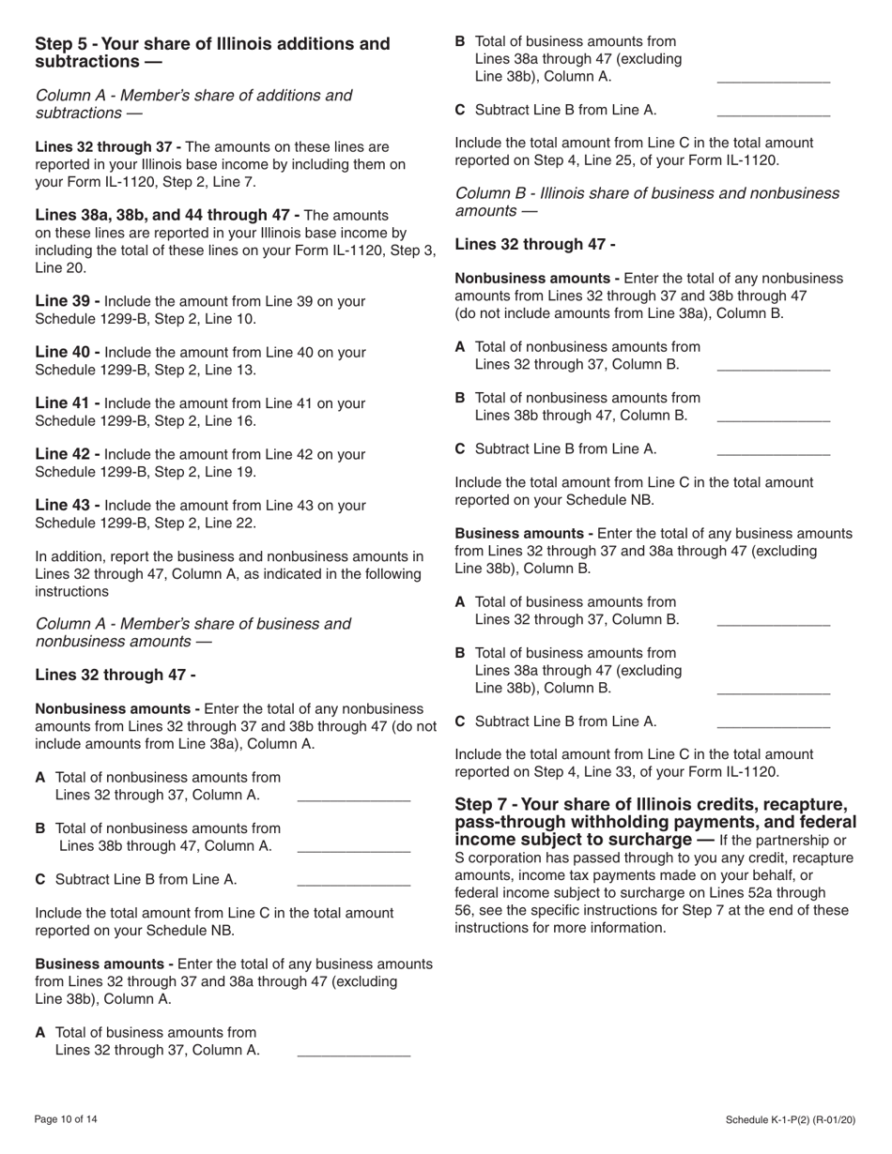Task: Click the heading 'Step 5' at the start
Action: point(63,44)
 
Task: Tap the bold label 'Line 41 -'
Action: point(67,403)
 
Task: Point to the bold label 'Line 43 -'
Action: point(67,506)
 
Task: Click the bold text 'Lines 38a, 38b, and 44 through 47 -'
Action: point(167,216)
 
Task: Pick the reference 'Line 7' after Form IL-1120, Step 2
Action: point(231,182)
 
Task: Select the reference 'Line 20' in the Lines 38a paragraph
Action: point(58,268)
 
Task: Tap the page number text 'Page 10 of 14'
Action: point(66,1119)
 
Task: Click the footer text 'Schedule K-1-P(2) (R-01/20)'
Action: point(791,1119)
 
